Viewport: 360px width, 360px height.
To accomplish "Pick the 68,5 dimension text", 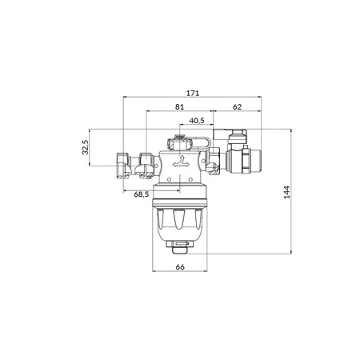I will point(142,194).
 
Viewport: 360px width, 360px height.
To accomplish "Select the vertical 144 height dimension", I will point(286,192).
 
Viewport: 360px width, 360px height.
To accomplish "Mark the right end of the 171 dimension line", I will point(262,98).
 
